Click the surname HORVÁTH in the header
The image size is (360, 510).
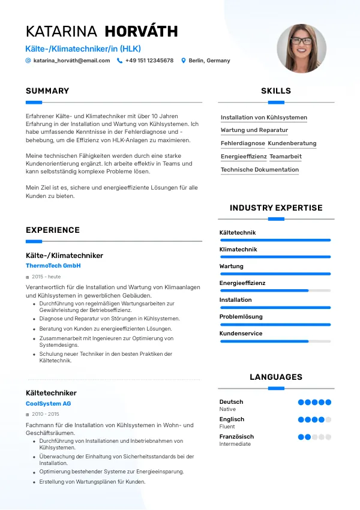pos(141,31)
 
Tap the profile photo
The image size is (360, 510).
pos(302,49)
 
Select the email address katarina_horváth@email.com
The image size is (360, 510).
pos(71,61)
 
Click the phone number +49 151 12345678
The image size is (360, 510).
pos(149,61)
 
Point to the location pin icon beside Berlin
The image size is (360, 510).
pos(184,61)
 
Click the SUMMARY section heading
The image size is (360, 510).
pos(47,91)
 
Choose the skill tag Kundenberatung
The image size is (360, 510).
pos(292,143)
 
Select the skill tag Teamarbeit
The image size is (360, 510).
pos(286,157)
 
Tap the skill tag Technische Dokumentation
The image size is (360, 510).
pos(260,170)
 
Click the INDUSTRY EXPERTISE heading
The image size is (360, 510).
pos(276,208)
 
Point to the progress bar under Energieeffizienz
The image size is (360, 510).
pos(275,290)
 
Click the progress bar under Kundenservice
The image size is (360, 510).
pos(275,341)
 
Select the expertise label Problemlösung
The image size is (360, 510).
pos(241,316)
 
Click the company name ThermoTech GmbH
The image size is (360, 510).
pos(53,265)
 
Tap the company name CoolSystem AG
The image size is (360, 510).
pos(49,404)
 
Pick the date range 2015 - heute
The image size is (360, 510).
pos(46,277)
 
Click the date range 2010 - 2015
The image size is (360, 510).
pos(46,414)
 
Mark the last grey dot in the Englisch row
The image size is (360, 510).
pos(328,420)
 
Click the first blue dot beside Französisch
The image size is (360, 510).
pos(301,437)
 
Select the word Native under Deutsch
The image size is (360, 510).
pos(227,409)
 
